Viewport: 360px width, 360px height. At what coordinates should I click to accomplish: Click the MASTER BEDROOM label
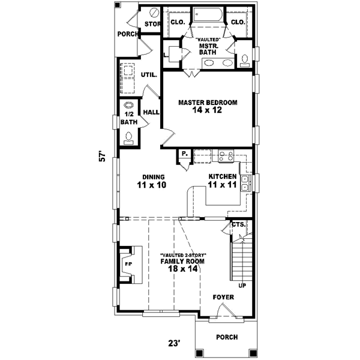pyautogui.click(x=208, y=103)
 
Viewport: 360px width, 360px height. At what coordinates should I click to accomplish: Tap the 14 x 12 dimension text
pyautogui.click(x=208, y=111)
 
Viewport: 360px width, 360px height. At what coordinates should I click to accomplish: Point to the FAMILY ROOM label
pyautogui.click(x=184, y=262)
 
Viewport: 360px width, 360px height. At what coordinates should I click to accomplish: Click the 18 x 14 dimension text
pyautogui.click(x=184, y=270)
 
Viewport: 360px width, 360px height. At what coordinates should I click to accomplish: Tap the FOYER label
pyautogui.click(x=223, y=297)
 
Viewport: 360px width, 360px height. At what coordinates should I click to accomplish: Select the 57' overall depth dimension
pyautogui.click(x=103, y=157)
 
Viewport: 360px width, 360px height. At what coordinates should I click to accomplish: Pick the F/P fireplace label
pyautogui.click(x=128, y=263)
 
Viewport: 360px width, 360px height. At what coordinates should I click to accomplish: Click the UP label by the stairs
pyautogui.click(x=242, y=286)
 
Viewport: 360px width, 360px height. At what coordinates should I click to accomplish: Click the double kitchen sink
pyautogui.click(x=245, y=184)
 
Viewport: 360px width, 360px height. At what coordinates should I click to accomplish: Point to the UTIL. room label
pyautogui.click(x=149, y=75)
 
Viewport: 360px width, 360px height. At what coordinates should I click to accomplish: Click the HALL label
pyautogui.click(x=150, y=112)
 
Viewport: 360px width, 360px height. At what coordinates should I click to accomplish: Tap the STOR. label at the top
pyautogui.click(x=152, y=24)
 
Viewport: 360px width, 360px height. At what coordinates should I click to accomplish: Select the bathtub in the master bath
pyautogui.click(x=208, y=16)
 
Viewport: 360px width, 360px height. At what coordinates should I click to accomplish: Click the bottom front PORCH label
pyautogui.click(x=227, y=337)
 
